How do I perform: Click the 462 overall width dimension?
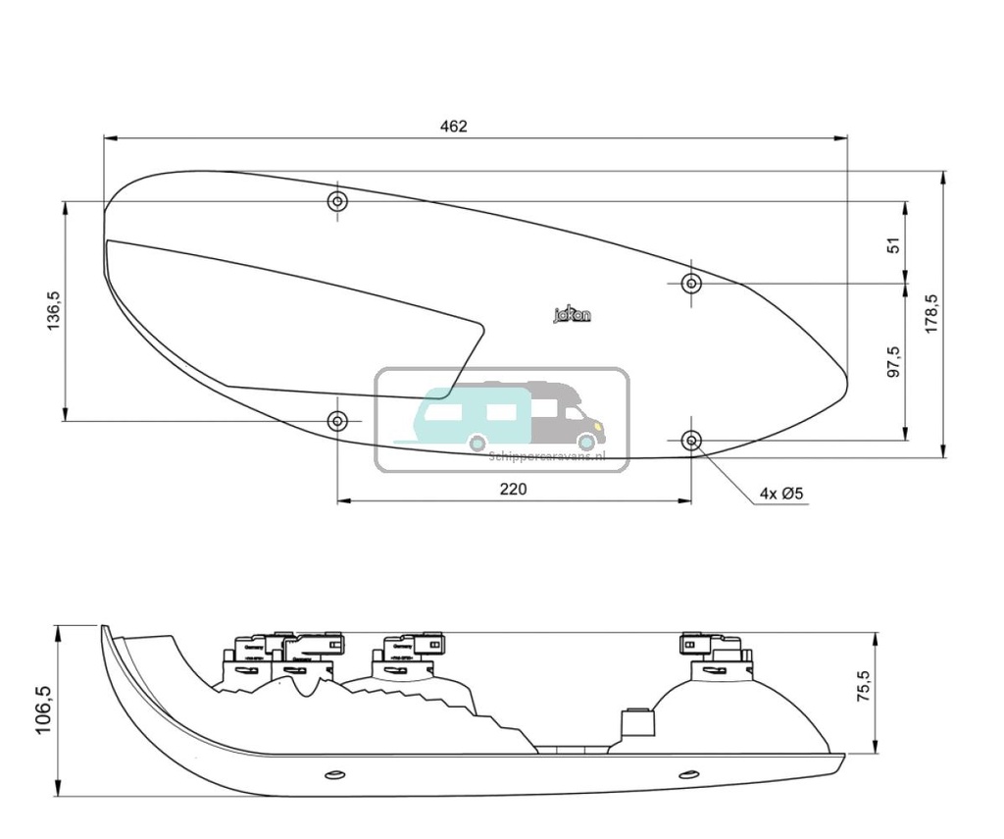[x=454, y=126]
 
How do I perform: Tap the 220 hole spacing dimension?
[x=513, y=489]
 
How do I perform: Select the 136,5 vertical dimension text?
[x=55, y=310]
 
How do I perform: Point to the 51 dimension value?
[x=893, y=244]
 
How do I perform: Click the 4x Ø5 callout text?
[x=781, y=494]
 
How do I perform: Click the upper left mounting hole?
[x=337, y=202]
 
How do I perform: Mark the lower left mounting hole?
[x=337, y=421]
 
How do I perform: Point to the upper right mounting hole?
[x=692, y=284]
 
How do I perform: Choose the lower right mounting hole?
[x=692, y=440]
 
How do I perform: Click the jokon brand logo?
[x=573, y=315]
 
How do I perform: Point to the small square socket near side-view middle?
[x=638, y=724]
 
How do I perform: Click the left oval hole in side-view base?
[x=334, y=775]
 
